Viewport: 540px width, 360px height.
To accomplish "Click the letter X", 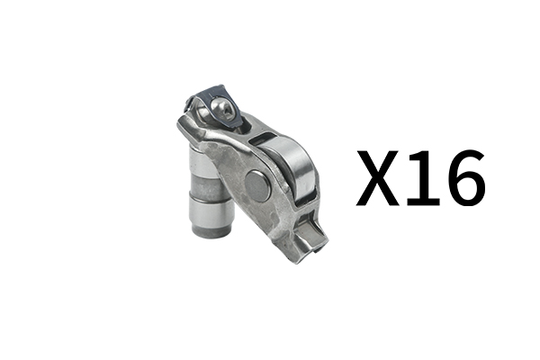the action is (377, 178).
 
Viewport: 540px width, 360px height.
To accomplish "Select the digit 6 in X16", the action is (466, 178).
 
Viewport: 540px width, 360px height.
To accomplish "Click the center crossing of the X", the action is (377, 177).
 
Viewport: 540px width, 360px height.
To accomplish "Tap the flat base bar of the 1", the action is (424, 202).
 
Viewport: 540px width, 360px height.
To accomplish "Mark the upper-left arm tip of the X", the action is (361, 151).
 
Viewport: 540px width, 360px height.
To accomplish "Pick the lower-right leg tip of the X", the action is (394, 204).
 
